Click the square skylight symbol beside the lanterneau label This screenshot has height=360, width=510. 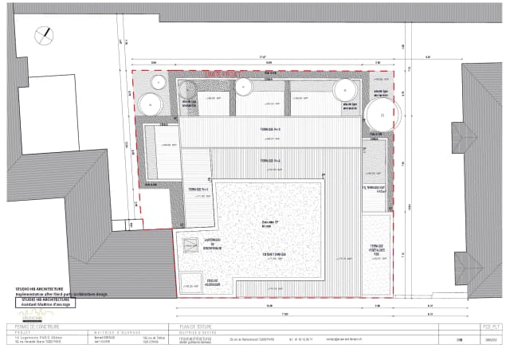tap(190, 246)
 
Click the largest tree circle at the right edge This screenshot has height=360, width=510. tap(382, 115)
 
